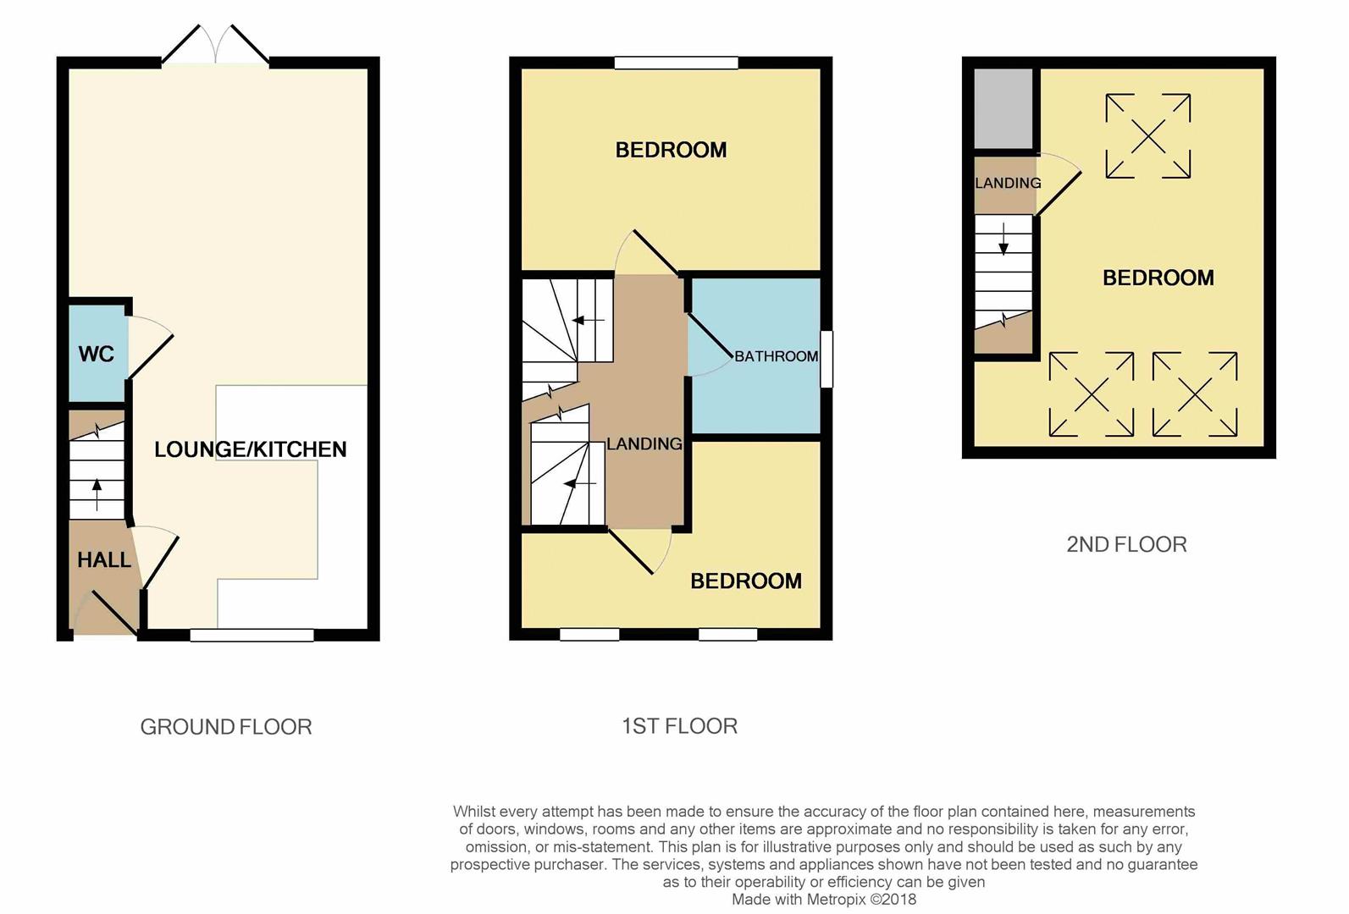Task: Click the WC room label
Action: (x=96, y=354)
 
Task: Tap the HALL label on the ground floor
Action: (x=104, y=559)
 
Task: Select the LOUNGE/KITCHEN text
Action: (x=250, y=449)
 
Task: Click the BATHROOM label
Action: (x=776, y=356)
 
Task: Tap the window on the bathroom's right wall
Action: (x=827, y=359)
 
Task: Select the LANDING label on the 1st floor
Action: (x=644, y=443)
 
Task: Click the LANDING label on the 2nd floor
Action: (x=1007, y=183)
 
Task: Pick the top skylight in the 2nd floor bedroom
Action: (x=1147, y=135)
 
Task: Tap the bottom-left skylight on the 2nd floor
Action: (x=1091, y=394)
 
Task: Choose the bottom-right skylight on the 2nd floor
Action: (x=1194, y=394)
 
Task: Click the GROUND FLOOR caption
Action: (x=225, y=727)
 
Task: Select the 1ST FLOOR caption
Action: (x=679, y=726)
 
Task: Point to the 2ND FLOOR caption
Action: (x=1126, y=544)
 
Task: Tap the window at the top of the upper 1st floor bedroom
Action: (x=676, y=63)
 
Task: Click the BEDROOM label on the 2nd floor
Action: (x=1158, y=278)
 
